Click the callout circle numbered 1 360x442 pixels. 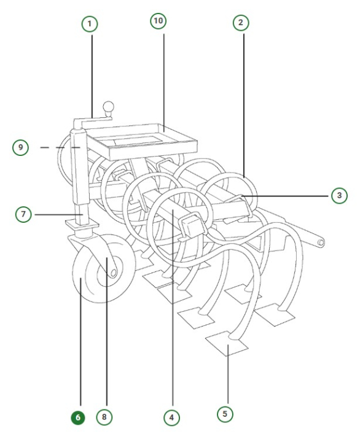pos(90,24)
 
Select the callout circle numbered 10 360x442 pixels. pos(158,21)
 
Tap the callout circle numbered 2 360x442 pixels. pos(241,23)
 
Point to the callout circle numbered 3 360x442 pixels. pos(338,196)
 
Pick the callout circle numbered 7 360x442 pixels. pos(24,214)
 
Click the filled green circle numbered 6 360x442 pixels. pos(77,417)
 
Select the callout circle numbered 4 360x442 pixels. pos(171,417)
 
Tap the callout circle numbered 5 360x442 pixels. pos(225,414)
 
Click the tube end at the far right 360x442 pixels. pos(321,244)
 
